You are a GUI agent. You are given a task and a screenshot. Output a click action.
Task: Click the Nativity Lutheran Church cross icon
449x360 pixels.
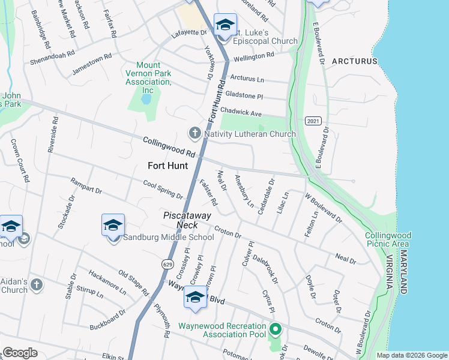click(194, 133)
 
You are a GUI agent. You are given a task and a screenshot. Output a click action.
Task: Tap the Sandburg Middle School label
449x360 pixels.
click(169, 237)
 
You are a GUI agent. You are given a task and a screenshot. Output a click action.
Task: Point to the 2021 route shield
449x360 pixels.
click(312, 121)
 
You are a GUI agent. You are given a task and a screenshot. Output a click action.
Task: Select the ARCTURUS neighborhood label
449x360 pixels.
click(354, 61)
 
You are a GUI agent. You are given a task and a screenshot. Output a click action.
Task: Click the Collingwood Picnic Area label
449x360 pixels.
click(387, 239)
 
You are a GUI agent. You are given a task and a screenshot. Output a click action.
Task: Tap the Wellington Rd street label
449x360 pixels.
click(253, 56)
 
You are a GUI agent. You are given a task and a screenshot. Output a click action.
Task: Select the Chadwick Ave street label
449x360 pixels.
click(241, 112)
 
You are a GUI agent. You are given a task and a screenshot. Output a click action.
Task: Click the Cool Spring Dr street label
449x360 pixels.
click(163, 188)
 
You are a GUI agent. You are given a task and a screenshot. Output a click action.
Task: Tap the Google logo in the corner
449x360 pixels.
click(20, 353)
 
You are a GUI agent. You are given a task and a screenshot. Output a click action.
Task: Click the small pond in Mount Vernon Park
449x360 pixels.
click(145, 98)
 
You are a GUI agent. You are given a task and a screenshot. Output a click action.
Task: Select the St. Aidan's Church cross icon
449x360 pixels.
click(37, 284)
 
